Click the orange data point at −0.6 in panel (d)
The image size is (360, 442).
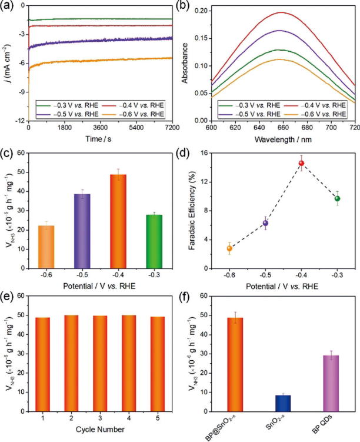(x=229, y=248)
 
